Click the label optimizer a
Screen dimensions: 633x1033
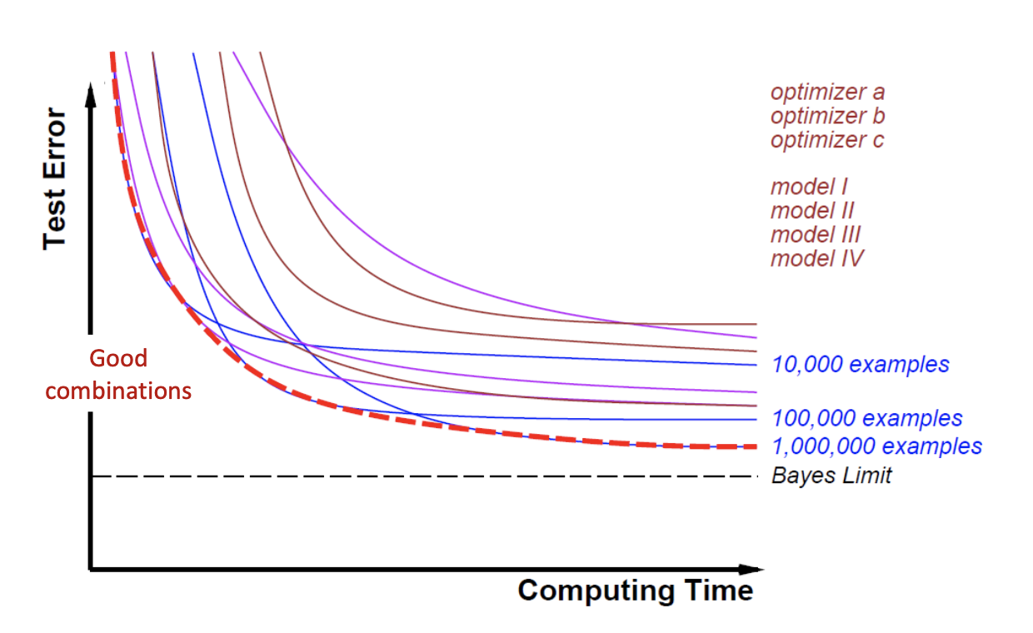(827, 92)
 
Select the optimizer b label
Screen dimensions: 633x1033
(827, 116)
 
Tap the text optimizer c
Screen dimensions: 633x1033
(827, 140)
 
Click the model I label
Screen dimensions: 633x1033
(809, 187)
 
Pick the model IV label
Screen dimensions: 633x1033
(817, 258)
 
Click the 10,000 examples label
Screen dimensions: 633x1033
(861, 364)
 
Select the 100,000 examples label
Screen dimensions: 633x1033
(867, 418)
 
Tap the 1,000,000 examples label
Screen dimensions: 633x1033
(877, 446)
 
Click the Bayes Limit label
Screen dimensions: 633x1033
(831, 476)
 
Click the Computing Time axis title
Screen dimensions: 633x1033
(635, 591)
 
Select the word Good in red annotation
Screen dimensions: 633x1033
(118, 359)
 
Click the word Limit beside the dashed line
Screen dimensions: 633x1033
(867, 476)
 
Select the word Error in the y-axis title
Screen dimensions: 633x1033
(55, 142)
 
